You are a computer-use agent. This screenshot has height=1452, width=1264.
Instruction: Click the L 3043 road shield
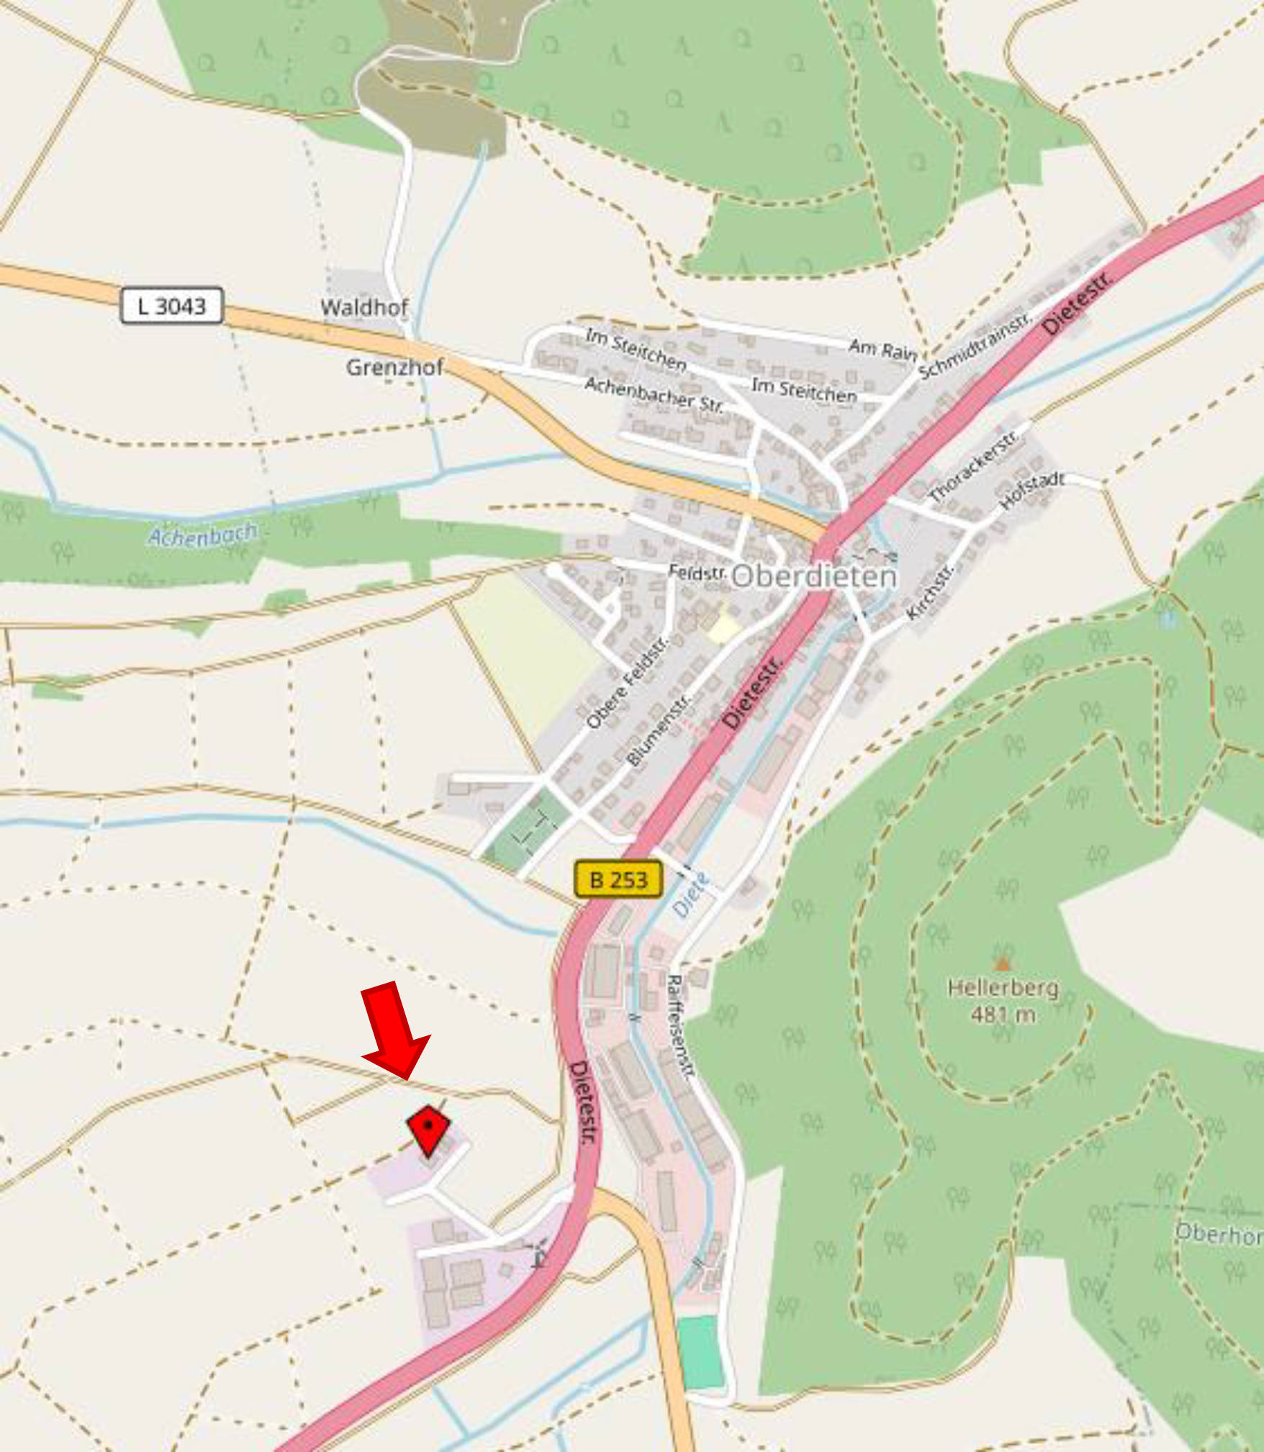coord(171,306)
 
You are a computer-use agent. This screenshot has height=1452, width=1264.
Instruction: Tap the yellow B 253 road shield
coord(618,879)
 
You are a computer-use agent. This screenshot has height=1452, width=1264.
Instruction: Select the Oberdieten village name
coord(813,576)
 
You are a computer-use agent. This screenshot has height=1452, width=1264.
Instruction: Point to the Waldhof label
coord(364,307)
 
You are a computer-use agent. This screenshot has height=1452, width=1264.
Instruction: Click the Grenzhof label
coord(394,367)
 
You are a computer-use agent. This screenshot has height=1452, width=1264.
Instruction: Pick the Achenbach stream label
coord(202,535)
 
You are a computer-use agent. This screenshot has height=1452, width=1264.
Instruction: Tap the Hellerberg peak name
coord(1003,987)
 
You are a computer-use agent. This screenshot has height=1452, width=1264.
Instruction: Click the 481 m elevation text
coord(1003,1015)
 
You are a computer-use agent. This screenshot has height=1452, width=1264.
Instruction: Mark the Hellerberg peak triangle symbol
coord(1002,963)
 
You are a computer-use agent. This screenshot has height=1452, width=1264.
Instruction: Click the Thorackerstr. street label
coord(974,466)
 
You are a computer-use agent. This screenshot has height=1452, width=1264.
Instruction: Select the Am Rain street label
coord(882,350)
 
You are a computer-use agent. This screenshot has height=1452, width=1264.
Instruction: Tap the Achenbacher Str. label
coord(654,394)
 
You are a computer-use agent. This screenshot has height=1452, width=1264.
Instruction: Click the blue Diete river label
coord(691,894)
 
